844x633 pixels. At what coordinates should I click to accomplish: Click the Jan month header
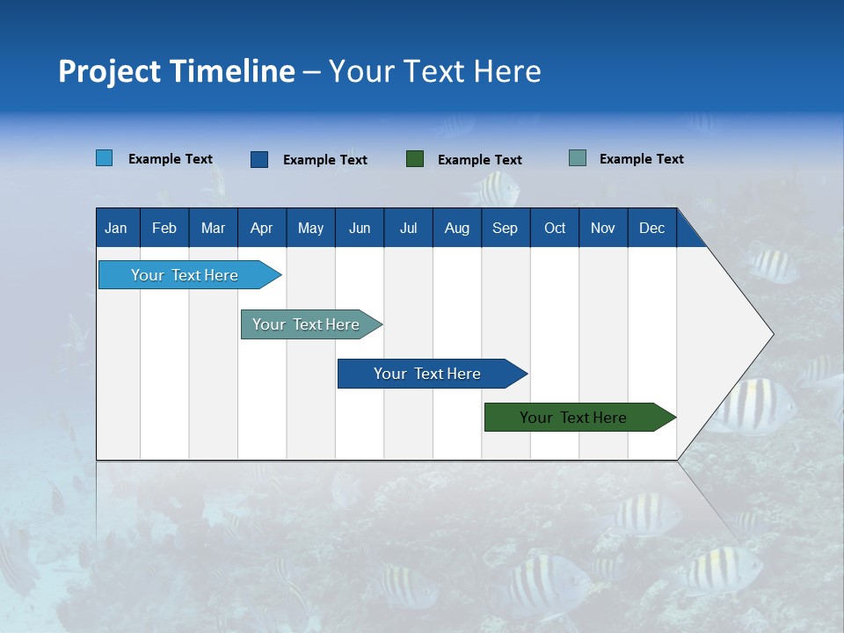click(x=117, y=228)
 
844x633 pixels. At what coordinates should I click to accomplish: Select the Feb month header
click(x=164, y=228)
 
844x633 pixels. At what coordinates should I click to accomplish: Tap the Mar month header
click(x=213, y=228)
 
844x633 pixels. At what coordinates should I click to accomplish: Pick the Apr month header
click(x=262, y=228)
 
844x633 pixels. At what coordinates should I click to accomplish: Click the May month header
click(x=310, y=228)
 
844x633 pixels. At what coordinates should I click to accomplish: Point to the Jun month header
click(x=360, y=228)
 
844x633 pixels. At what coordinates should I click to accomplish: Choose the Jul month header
click(x=408, y=228)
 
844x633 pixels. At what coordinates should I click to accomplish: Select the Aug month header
click(x=457, y=228)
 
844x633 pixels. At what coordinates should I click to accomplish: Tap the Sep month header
click(x=506, y=228)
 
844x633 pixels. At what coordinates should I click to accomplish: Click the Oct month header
click(x=555, y=228)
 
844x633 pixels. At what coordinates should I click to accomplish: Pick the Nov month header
click(x=603, y=228)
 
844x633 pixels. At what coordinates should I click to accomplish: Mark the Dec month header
click(x=652, y=228)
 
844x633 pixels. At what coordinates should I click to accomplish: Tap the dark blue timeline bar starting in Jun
click(x=428, y=374)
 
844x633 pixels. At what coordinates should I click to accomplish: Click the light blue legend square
click(x=105, y=158)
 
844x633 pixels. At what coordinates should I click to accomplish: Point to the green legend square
click(x=415, y=159)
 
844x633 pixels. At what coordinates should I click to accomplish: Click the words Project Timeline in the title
click(x=177, y=71)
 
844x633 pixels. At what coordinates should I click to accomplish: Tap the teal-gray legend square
click(x=578, y=158)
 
